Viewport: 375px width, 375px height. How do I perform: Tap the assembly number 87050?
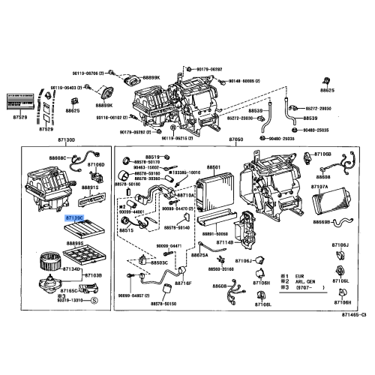[x=236, y=140]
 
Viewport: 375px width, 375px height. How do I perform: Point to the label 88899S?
[x=75, y=244]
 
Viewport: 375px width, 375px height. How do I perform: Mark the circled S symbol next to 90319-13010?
[x=94, y=300]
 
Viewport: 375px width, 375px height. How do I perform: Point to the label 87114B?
[x=226, y=241]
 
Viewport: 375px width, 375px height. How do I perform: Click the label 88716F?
[x=184, y=283]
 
